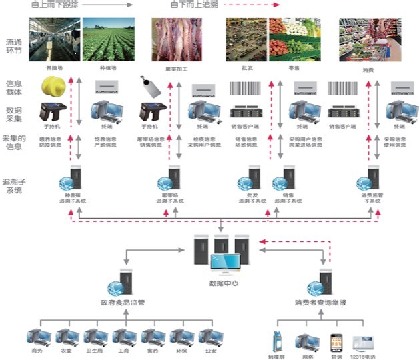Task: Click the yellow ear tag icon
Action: (53, 86)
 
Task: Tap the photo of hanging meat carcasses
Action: (177, 39)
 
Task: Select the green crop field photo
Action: (107, 39)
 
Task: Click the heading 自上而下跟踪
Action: (55, 5)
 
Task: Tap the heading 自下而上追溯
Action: (193, 5)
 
